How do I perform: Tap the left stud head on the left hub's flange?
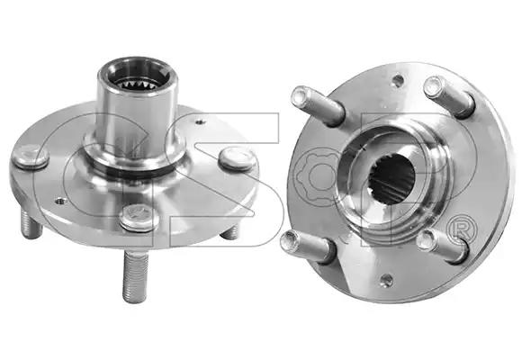(31, 157)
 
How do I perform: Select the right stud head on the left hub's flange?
(237, 158)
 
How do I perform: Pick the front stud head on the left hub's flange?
(139, 217)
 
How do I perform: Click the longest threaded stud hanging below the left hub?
(135, 275)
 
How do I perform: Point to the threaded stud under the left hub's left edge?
(31, 223)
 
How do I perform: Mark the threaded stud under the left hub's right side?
(229, 232)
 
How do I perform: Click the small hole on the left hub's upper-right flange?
(202, 121)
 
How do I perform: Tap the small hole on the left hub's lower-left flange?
(61, 202)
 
